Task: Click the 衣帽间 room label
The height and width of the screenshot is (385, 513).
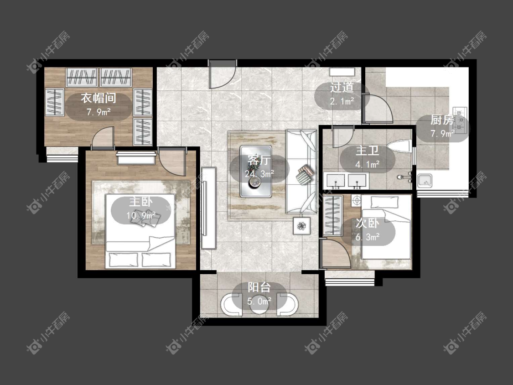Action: [98, 98]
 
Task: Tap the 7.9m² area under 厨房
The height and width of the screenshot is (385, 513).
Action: [442, 134]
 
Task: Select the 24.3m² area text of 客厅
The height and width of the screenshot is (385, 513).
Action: [259, 174]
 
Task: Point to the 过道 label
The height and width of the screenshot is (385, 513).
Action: [342, 88]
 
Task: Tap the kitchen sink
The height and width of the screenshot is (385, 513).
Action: [425, 181]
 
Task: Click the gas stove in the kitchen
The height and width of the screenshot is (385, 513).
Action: [460, 120]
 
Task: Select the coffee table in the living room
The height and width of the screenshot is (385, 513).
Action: [256, 172]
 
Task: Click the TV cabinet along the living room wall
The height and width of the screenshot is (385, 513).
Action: [209, 208]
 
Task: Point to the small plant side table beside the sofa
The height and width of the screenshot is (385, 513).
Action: [301, 225]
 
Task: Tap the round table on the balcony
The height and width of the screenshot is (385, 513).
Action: [259, 304]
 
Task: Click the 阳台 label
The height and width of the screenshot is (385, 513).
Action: [259, 287]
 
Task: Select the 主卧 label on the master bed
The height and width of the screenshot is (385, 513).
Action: [141, 201]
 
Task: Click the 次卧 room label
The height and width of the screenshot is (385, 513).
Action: [368, 223]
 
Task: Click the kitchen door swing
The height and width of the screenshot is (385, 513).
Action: [377, 109]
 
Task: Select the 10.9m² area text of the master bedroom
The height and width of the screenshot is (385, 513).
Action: [141, 215]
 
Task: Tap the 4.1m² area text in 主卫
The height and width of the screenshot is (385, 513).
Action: [368, 164]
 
